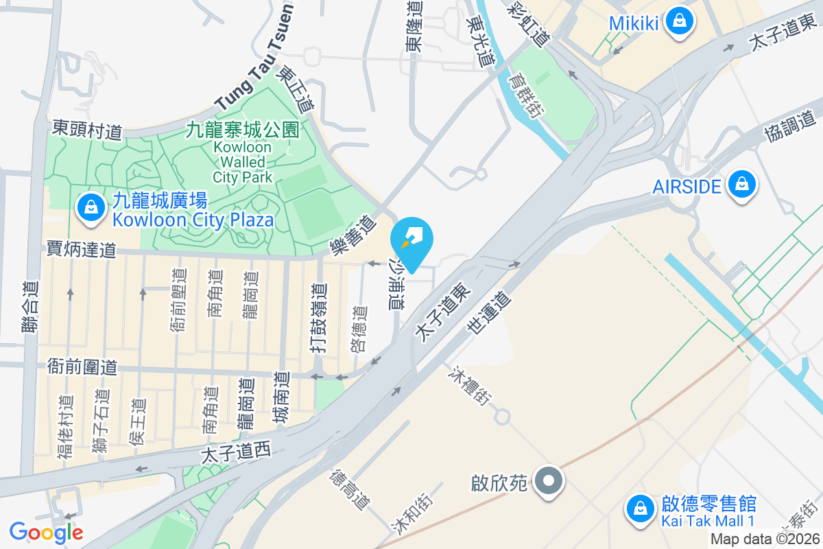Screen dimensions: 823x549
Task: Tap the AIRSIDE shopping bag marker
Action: tap(741, 185)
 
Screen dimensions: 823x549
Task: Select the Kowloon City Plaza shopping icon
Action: tap(90, 209)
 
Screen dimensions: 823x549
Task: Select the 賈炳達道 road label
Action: tap(81, 248)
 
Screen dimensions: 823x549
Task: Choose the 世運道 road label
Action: tap(490, 314)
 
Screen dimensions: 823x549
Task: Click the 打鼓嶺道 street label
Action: tap(316, 319)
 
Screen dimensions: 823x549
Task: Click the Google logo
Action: tap(46, 532)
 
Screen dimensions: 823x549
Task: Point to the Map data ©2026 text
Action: tap(765, 539)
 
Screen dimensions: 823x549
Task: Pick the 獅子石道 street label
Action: tap(100, 421)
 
